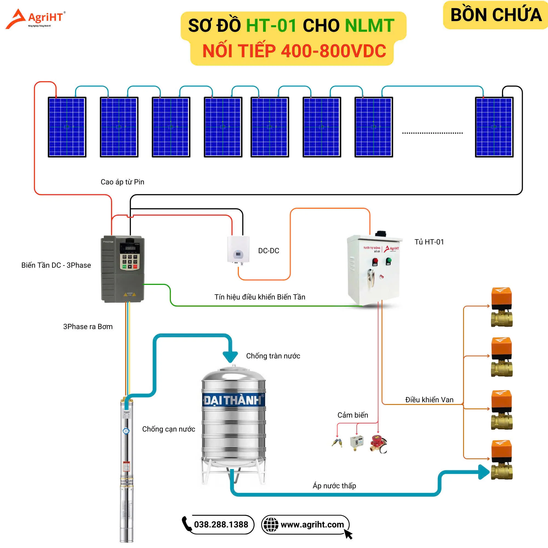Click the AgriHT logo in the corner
tap(35, 19)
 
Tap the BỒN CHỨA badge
tap(495, 15)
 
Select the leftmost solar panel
tap(67, 127)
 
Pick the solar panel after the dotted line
tap(494, 127)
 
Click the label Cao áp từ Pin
tap(122, 182)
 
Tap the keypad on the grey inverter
tap(130, 261)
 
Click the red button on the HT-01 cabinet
tap(375, 261)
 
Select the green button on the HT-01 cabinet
tap(389, 260)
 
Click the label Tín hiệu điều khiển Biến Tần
tap(259, 297)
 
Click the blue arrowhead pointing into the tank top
tap(230, 356)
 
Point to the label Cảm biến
tap(353, 415)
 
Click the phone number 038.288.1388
tap(221, 524)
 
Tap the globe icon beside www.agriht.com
tap(271, 524)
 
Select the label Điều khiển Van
tap(429, 400)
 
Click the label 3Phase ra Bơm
tap(88, 327)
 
